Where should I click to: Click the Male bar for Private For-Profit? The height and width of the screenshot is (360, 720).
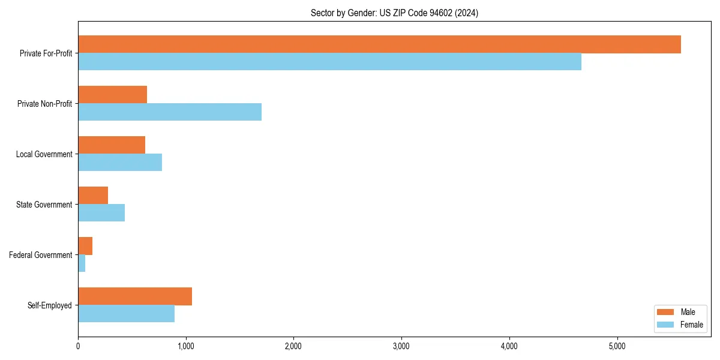(379, 44)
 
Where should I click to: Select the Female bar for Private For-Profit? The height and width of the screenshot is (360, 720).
(329, 62)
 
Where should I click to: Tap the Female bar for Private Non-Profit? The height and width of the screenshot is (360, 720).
(170, 112)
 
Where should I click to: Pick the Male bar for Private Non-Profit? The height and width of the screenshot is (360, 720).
(112, 95)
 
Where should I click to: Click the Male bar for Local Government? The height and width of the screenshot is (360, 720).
(112, 145)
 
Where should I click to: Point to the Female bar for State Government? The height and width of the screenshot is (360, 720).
(101, 213)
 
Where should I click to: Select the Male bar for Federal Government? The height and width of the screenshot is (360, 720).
(85, 246)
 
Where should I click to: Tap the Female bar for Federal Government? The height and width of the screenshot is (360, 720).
(82, 263)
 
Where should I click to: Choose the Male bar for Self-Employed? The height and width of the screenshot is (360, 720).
(135, 296)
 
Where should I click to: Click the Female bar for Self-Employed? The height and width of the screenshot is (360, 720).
(126, 314)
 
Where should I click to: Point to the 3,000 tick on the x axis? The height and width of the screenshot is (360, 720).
(401, 346)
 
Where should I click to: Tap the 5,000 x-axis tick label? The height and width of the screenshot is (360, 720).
(617, 346)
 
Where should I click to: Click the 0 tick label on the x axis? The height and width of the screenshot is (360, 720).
(78, 346)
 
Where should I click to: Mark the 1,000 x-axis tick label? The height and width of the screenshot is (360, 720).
(185, 346)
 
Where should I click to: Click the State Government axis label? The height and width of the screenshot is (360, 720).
(44, 205)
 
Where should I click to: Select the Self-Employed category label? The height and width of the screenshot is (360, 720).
(49, 305)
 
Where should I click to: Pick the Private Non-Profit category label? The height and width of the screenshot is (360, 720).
(44, 104)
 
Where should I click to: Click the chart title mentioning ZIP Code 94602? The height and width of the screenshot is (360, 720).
(394, 13)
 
